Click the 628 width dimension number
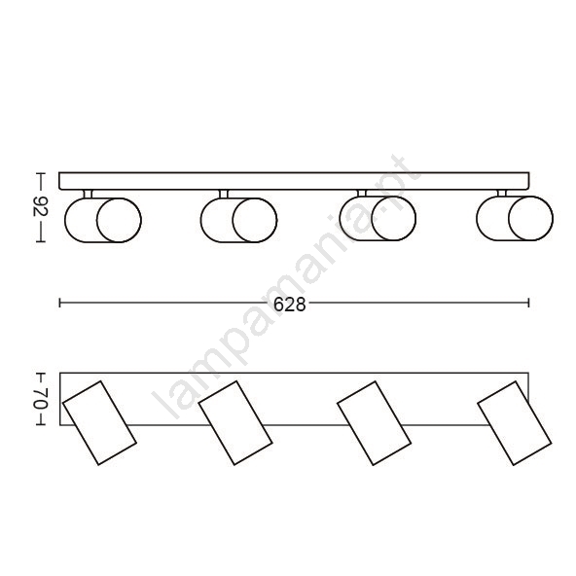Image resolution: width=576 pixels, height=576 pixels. (x=290, y=305)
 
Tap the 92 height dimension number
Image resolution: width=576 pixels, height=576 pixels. (x=41, y=207)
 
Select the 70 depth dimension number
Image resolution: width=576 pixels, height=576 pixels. (x=41, y=398)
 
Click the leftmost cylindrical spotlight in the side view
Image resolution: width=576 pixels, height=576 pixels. (x=103, y=220)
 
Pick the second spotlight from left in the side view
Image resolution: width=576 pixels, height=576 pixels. (x=238, y=220)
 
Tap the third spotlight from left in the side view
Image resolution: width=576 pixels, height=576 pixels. (x=378, y=218)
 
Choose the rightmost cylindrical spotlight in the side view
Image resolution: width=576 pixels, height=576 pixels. (x=515, y=218)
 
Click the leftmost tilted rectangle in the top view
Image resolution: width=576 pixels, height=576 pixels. (x=99, y=423)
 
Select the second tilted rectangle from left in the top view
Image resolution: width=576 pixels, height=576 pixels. (x=235, y=423)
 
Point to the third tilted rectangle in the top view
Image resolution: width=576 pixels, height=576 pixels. (x=375, y=423)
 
